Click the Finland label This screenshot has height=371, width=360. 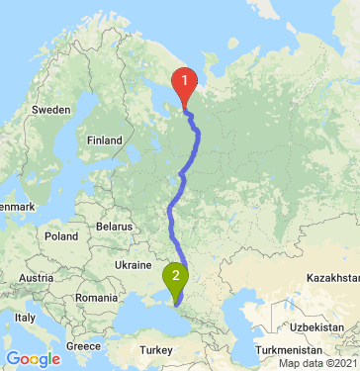103,140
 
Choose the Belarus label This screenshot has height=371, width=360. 114,227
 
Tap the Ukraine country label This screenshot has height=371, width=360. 134,265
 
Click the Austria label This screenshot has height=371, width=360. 36,278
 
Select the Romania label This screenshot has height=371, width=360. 94,298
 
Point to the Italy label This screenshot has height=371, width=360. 25,318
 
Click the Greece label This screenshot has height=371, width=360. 84,347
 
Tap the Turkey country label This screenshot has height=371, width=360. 155,350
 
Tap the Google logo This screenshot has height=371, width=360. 33,359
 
